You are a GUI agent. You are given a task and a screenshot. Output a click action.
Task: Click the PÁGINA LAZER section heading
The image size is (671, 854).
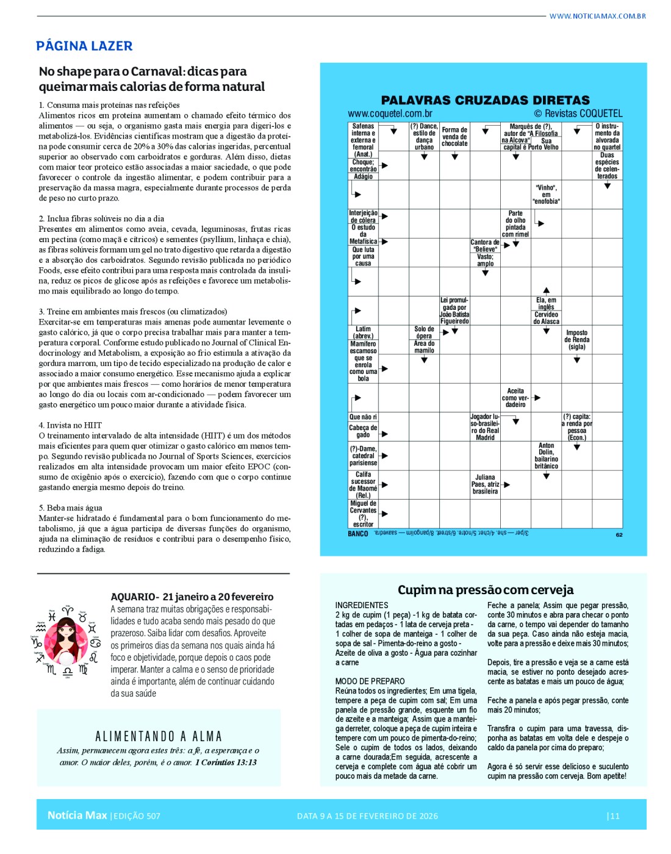84,46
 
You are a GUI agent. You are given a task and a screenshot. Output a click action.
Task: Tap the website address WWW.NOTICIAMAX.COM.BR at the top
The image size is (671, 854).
597,16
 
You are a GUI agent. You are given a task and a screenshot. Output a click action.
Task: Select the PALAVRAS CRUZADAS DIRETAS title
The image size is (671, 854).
485,100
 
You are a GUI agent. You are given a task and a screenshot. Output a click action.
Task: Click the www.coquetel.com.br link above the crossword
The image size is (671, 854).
390,113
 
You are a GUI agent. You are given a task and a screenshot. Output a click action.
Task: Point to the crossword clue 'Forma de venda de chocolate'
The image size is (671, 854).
454,137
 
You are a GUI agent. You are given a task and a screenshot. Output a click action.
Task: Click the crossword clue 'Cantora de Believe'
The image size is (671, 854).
485,246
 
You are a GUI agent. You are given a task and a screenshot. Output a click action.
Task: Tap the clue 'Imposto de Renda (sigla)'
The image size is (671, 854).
576,340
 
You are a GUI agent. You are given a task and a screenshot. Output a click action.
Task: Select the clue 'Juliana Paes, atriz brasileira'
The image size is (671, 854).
485,484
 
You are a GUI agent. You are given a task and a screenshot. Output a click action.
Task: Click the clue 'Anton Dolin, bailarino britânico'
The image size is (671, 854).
546,456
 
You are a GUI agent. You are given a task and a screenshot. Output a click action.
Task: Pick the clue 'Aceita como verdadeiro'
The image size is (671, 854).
515,398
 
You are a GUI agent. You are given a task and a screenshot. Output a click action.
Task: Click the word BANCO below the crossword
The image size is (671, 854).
358,534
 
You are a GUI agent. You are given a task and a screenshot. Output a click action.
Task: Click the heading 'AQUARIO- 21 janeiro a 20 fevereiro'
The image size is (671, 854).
192,597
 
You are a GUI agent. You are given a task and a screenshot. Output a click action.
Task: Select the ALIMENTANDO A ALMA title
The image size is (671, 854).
159,736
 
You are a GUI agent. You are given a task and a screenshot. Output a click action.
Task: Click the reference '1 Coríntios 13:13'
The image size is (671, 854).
226,762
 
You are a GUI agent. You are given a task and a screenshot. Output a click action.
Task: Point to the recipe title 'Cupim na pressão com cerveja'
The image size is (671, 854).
486,590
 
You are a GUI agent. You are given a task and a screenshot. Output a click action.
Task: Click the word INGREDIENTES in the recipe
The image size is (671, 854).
362,605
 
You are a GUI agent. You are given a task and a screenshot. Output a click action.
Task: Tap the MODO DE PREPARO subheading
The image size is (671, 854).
370,681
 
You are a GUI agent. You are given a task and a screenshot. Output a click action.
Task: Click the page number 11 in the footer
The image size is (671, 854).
614,816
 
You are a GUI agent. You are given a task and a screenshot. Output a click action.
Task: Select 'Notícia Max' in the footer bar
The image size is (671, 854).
77,816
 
